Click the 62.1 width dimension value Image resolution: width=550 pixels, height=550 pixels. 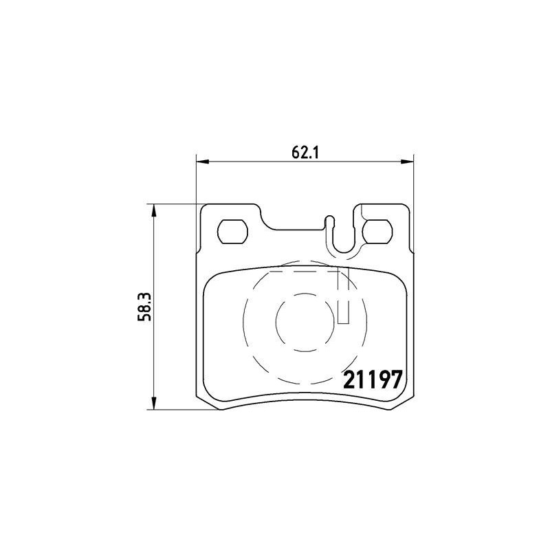(x=305, y=153)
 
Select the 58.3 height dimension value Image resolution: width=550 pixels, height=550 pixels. (x=144, y=307)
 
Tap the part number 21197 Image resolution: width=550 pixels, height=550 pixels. (x=373, y=381)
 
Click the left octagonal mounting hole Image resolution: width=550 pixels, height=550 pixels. (x=232, y=232)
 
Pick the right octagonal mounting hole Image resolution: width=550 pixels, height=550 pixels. (x=377, y=232)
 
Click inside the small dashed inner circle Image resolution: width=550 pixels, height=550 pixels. (x=305, y=321)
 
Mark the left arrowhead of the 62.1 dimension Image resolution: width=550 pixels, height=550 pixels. (x=202, y=162)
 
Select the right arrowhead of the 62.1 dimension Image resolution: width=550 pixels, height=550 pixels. (x=408, y=162)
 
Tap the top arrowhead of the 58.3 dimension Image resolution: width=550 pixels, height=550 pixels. (x=153, y=210)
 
